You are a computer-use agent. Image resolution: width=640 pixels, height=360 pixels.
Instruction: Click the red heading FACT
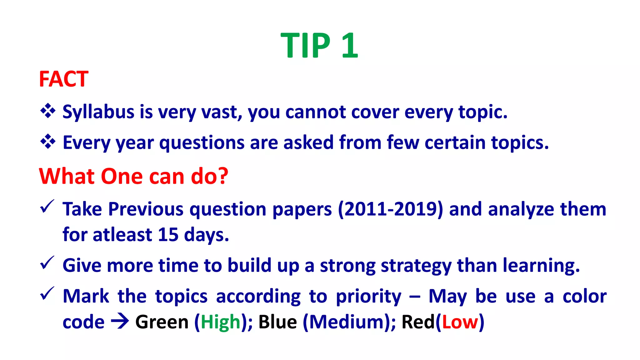pos(63,79)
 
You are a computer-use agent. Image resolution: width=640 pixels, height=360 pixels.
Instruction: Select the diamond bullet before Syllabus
pos(48,111)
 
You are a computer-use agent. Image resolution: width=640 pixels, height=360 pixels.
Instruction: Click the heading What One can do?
pos(133,176)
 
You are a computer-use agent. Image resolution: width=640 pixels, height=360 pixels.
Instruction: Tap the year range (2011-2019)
pos(390,209)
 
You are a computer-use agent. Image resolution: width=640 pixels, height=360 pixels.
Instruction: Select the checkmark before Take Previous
pos(47,207)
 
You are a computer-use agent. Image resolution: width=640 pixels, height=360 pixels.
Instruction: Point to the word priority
pos(368,297)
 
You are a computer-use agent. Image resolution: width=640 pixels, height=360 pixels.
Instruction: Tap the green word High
pos(220,322)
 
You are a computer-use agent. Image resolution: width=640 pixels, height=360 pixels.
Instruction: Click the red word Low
pos(460,322)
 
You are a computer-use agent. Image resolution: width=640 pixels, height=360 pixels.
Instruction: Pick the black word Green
pos(162,322)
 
